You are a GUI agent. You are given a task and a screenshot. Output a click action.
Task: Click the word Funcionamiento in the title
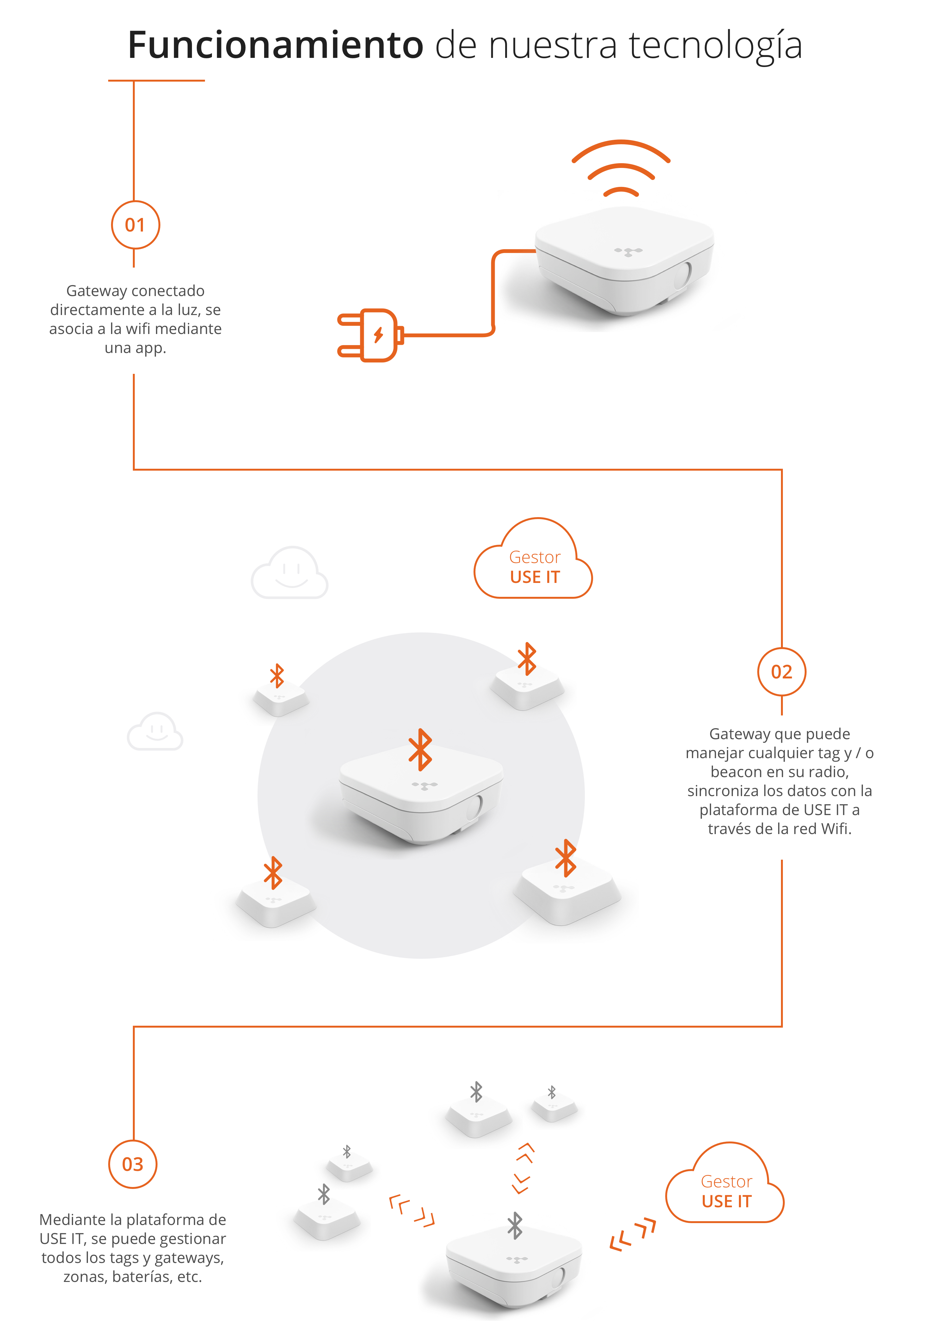(x=275, y=45)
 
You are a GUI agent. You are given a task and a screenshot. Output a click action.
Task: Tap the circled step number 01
(x=135, y=225)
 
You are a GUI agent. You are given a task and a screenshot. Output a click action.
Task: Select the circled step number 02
(x=781, y=672)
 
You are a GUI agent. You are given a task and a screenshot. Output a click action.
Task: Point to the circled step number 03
(x=133, y=1164)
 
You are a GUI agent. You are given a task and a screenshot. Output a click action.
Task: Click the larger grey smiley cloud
(x=290, y=573)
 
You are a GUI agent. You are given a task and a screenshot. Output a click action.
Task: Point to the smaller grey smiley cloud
(x=155, y=732)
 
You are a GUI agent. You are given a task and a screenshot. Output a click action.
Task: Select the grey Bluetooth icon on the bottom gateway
(x=515, y=1226)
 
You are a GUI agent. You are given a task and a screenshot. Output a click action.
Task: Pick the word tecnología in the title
(x=715, y=45)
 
